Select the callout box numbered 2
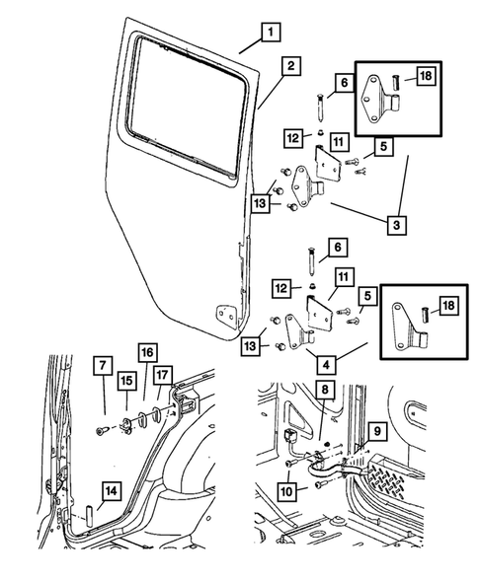[289, 66]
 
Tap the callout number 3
[396, 225]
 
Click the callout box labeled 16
[145, 352]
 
